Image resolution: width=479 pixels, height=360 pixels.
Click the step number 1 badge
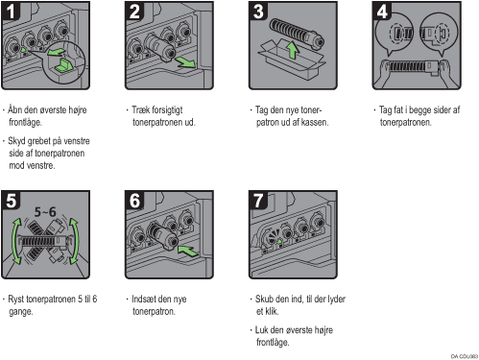tap(11, 12)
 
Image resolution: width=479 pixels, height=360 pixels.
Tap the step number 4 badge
tap(382, 12)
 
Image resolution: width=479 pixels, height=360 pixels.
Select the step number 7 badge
tap(258, 201)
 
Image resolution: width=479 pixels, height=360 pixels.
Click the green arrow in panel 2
tap(185, 62)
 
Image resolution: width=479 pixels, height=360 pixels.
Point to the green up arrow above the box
tap(292, 51)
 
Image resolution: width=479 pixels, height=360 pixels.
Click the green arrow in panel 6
tap(188, 251)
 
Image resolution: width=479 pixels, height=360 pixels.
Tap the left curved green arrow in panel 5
tap(14, 242)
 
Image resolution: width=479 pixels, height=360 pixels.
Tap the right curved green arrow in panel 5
tap(75, 242)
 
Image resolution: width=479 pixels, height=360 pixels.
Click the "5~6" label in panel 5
tap(45, 212)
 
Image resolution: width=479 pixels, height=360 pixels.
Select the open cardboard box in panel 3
tap(291, 61)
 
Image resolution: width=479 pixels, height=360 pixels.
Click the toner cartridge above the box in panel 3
tap(297, 33)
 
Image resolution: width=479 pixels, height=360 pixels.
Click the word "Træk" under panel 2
tap(139, 109)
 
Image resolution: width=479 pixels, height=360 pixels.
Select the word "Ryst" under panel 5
tap(16, 300)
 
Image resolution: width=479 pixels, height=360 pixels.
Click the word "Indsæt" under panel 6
tap(144, 300)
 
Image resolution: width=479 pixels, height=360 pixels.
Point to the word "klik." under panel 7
tap(272, 311)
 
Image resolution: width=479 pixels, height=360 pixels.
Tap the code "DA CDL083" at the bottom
tap(465, 356)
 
